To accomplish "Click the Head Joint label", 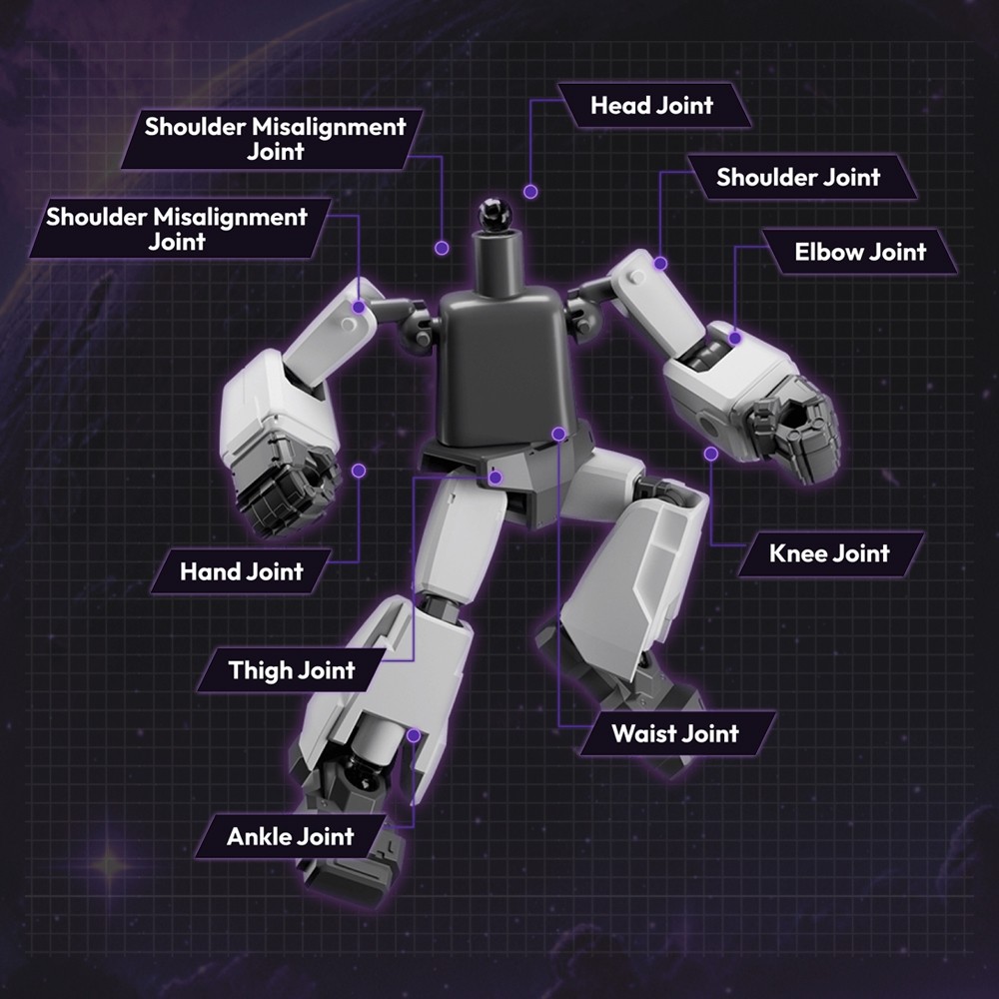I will [x=652, y=105].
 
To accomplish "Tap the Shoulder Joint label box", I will [x=798, y=178].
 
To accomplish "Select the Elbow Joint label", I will [x=860, y=252].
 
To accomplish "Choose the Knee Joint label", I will [x=829, y=553].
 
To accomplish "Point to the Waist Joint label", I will [x=675, y=733].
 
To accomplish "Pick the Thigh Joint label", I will [x=292, y=669].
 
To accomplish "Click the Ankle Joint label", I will [x=290, y=836].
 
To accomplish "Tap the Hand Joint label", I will [x=241, y=571].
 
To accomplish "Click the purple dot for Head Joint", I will [x=530, y=190].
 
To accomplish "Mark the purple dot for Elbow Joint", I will [x=735, y=339].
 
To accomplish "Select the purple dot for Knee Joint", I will [x=711, y=454].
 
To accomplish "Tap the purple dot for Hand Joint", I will [x=359, y=470].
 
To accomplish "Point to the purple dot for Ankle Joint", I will [x=414, y=735].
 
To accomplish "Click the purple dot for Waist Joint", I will [x=559, y=434].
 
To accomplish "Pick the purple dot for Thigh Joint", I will [x=496, y=479].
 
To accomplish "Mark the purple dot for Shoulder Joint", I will [x=660, y=263].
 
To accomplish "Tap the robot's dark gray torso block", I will [x=505, y=365].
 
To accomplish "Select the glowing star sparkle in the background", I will [x=108, y=861].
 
